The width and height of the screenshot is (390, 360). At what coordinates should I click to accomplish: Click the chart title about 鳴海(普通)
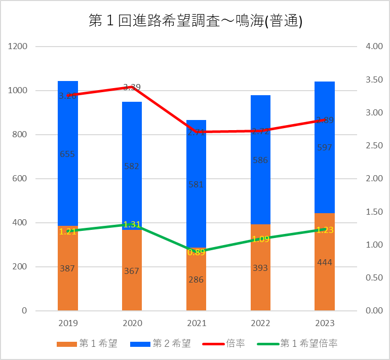click(x=195, y=21)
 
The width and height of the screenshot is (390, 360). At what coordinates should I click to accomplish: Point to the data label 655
click(x=67, y=154)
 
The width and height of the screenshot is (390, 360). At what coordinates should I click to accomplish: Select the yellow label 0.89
click(x=196, y=252)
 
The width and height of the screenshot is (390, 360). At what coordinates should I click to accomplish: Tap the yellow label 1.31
click(x=132, y=224)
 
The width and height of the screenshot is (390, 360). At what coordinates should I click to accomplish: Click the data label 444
click(x=324, y=262)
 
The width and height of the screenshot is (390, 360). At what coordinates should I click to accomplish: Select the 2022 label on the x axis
click(x=260, y=323)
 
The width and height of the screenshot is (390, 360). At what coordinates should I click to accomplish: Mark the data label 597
click(x=324, y=148)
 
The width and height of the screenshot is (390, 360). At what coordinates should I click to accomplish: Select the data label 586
click(x=260, y=160)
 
